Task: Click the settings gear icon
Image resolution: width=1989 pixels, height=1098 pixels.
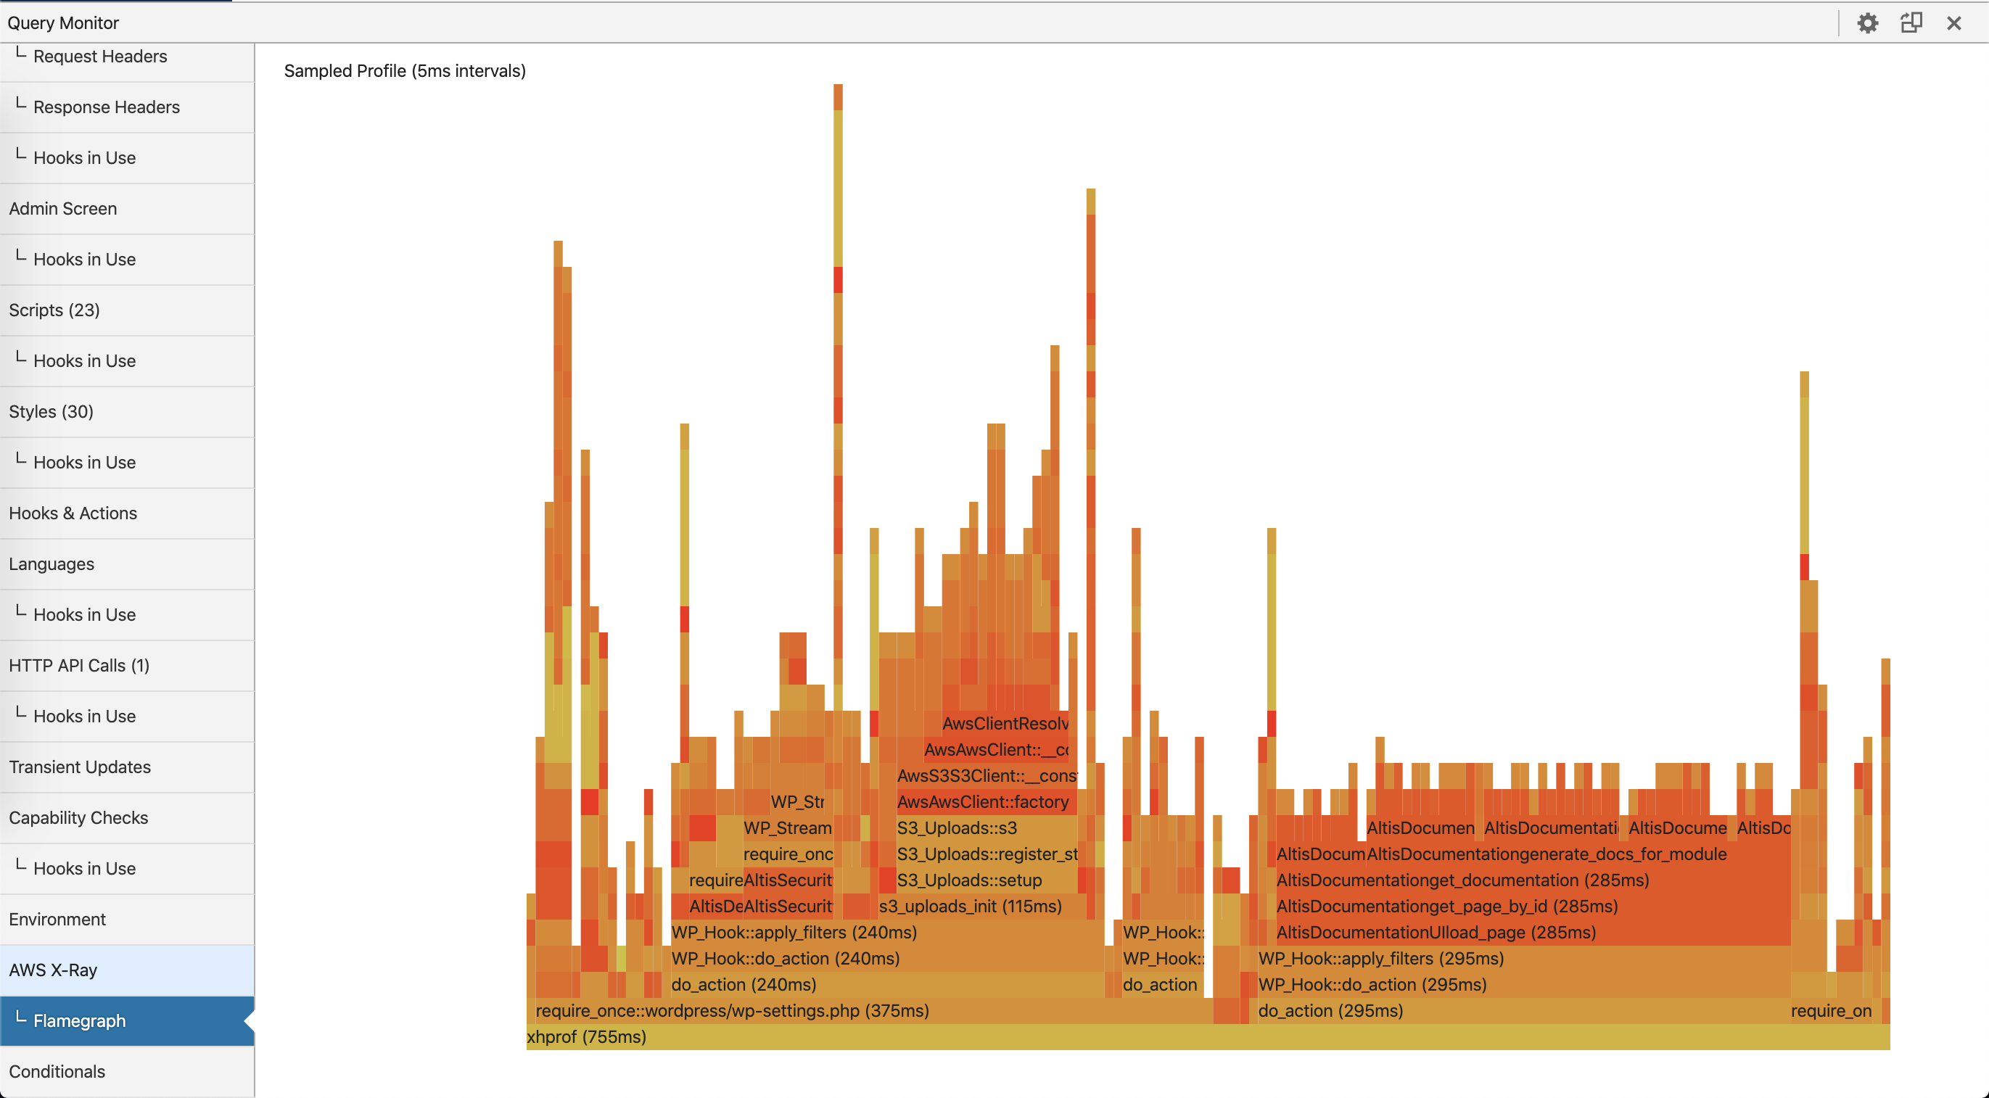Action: tap(1867, 23)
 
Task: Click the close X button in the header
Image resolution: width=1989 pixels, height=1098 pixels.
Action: tap(1953, 23)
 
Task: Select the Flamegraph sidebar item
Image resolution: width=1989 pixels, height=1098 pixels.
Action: tap(79, 1021)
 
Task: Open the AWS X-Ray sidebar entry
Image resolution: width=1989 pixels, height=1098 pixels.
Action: tap(52, 970)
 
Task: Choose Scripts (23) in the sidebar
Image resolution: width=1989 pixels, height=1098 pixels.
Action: tap(54, 310)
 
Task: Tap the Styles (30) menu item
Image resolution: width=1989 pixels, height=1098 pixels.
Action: tap(51, 411)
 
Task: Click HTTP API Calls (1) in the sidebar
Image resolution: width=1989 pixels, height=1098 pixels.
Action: tap(79, 665)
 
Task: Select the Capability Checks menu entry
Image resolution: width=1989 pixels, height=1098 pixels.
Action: tap(78, 818)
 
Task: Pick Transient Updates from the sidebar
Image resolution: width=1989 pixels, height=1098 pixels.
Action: tap(80, 767)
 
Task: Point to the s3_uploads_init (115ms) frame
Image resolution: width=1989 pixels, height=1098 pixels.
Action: tap(970, 907)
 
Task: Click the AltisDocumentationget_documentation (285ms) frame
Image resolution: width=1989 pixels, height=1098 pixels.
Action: tap(1462, 880)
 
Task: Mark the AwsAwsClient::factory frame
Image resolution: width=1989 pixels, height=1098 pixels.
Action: tap(982, 802)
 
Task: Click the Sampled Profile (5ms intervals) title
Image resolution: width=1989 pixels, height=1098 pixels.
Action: tap(405, 71)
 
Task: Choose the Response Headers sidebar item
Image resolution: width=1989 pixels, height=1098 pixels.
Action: tap(106, 107)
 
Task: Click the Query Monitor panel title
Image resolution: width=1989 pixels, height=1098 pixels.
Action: tap(63, 23)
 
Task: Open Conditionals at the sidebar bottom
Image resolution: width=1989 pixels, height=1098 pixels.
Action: tap(57, 1072)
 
